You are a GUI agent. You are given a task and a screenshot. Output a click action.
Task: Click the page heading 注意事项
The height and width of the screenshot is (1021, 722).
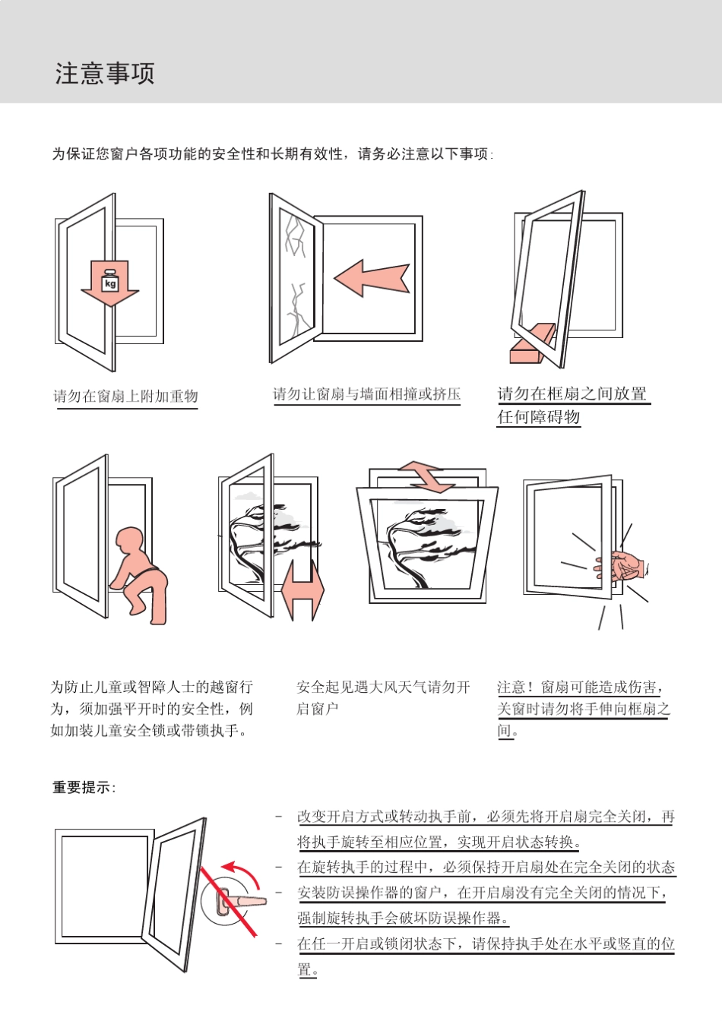click(x=105, y=74)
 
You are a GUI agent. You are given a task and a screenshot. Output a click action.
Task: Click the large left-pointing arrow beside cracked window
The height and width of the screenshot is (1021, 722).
click(x=372, y=278)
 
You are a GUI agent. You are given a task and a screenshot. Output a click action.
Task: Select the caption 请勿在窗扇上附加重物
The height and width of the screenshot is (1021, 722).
click(x=126, y=397)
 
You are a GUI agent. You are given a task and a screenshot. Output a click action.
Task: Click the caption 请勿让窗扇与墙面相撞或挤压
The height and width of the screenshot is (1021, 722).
click(x=366, y=394)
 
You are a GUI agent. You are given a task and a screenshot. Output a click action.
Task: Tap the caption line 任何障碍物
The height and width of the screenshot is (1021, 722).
click(x=538, y=417)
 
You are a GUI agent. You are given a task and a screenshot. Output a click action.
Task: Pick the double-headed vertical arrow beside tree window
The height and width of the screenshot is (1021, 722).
click(x=302, y=590)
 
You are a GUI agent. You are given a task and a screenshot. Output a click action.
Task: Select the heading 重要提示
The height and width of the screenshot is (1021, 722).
click(x=84, y=788)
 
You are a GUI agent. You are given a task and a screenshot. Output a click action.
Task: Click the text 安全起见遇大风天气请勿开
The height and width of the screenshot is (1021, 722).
click(x=383, y=688)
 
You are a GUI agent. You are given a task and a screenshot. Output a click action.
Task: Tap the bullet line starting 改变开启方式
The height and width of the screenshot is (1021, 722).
click(x=486, y=817)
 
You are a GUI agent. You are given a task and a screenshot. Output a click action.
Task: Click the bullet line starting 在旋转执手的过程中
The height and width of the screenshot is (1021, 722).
click(x=486, y=868)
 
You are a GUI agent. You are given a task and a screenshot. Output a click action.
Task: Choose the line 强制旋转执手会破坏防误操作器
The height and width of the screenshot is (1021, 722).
click(x=403, y=918)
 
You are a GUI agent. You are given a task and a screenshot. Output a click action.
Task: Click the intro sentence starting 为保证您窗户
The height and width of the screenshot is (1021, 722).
click(x=272, y=154)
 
